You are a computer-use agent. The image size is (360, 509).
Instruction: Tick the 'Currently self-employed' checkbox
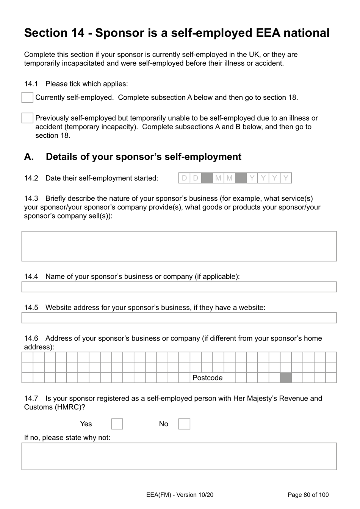point(27,97)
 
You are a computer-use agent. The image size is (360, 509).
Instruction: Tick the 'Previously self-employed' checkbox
point(27,118)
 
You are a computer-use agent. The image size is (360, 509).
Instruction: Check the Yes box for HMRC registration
point(117,424)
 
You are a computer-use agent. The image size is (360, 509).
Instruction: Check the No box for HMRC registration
point(184,424)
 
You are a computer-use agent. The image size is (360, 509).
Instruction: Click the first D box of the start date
point(185,178)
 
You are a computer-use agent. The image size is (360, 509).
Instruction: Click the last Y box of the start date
point(286,178)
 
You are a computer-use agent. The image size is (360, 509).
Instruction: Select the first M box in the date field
point(218,178)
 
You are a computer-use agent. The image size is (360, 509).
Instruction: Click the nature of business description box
point(179,246)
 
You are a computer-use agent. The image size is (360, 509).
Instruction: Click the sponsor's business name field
point(179,287)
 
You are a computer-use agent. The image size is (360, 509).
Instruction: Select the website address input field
point(179,318)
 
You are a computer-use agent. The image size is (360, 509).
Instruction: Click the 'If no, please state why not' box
point(179,456)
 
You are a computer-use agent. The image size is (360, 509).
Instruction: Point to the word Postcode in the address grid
point(207,378)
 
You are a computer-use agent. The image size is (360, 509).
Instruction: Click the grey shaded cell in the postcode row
point(286,378)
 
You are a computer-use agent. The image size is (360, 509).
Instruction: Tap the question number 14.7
point(31,398)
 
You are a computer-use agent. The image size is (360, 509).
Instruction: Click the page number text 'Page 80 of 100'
point(308,495)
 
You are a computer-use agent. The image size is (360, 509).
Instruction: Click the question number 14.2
point(31,178)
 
